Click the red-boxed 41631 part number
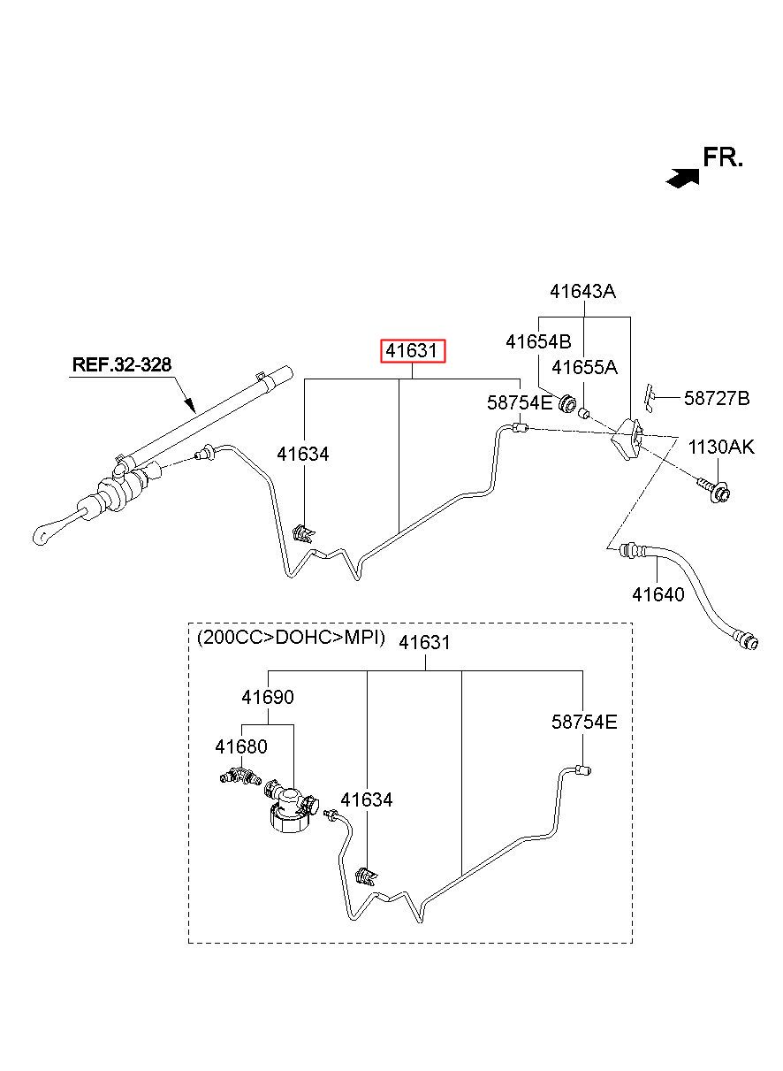(413, 351)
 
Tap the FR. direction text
(723, 157)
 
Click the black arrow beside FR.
(682, 179)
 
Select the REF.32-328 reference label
(122, 364)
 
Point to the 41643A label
(582, 291)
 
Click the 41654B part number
(538, 342)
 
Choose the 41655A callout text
(585, 367)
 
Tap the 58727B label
(717, 398)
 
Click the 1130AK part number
(721, 447)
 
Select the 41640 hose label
(658, 594)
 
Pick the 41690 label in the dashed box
(268, 697)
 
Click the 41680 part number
(241, 746)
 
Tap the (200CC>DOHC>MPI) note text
(291, 638)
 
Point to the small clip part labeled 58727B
(649, 397)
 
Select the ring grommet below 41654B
(567, 404)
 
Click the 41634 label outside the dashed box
(303, 454)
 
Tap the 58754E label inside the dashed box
(584, 722)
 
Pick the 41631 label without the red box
(425, 642)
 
